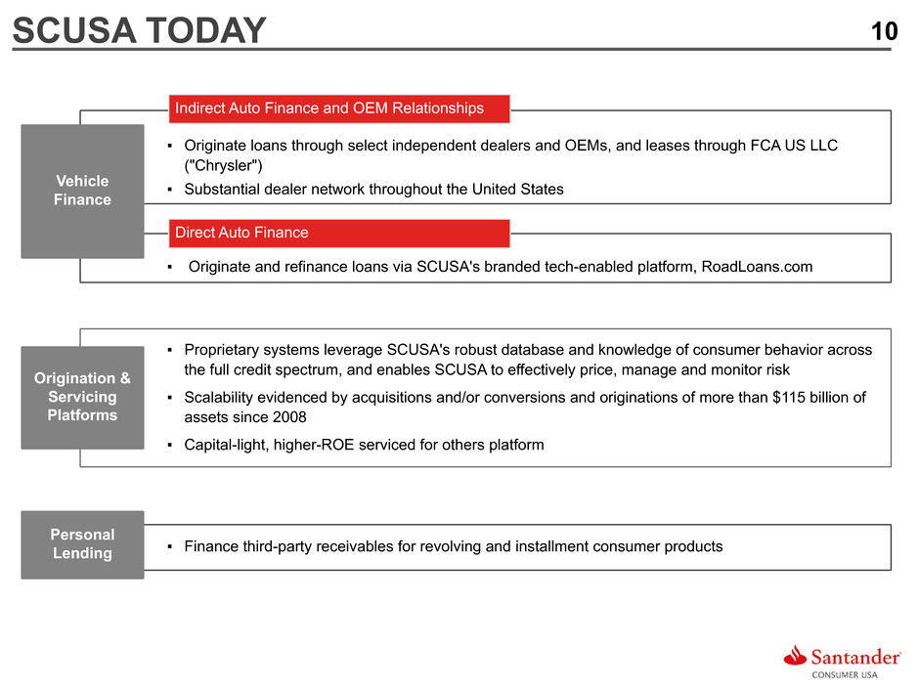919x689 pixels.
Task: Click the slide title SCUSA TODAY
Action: tap(140, 30)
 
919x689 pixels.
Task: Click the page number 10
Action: tap(884, 31)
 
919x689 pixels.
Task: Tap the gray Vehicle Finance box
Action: tap(83, 191)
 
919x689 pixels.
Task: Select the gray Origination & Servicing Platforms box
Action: tap(83, 397)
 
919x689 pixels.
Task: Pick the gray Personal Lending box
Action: tap(83, 544)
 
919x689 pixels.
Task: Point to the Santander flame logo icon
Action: tap(796, 656)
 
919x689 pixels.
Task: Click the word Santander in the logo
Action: tap(855, 658)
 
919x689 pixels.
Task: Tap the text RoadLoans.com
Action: tap(757, 267)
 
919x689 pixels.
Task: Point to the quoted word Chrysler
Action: tap(223, 166)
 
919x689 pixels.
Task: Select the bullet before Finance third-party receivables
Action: tap(169, 546)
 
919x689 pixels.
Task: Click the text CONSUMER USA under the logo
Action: tap(845, 675)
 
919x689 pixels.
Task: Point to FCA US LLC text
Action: tap(794, 146)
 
